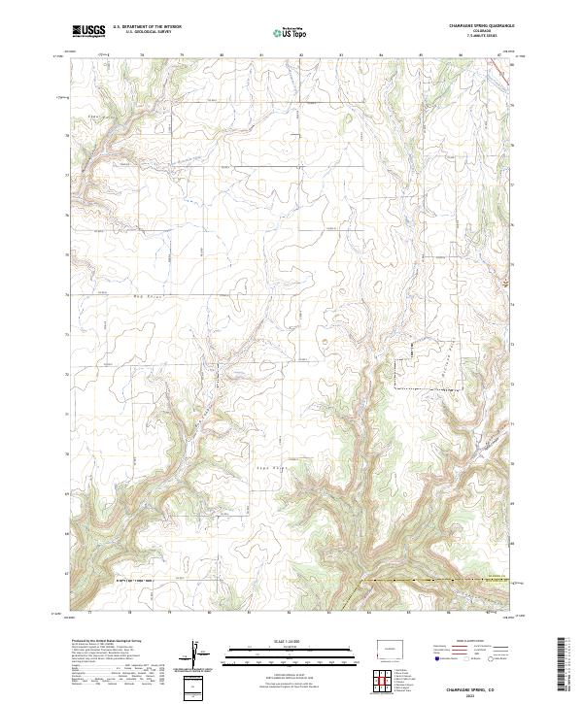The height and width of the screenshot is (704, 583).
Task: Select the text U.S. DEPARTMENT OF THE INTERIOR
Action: tap(147, 27)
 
